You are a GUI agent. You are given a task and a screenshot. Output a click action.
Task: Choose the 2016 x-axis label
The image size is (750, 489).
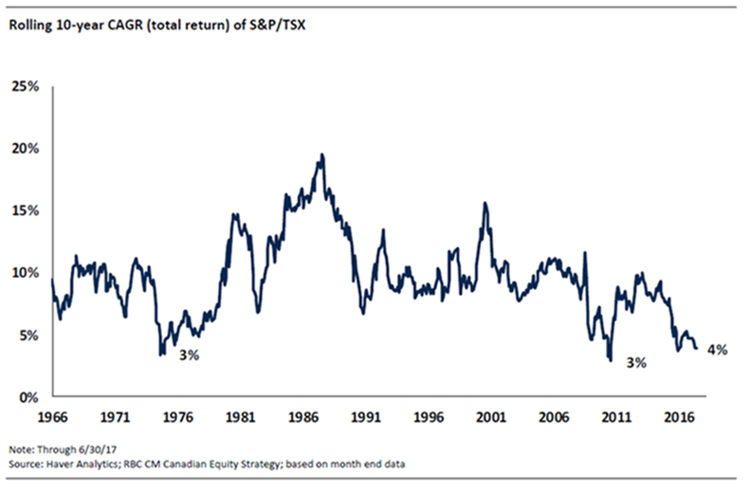tap(677, 416)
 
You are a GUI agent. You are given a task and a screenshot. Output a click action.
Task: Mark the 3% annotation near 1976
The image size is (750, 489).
tap(191, 354)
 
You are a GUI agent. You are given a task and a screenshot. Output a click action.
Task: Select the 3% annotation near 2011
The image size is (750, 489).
tap(634, 362)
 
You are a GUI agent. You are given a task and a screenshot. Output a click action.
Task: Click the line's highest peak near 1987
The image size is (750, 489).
tap(322, 154)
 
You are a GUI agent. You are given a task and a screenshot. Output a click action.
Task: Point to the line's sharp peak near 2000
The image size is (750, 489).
tap(485, 203)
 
